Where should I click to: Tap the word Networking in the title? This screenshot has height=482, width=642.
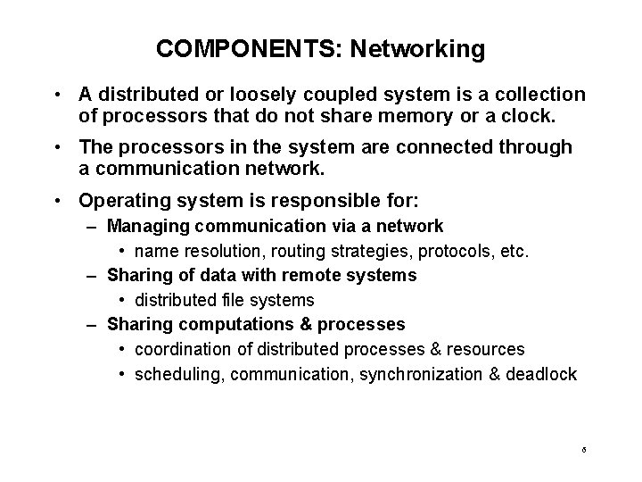click(x=417, y=49)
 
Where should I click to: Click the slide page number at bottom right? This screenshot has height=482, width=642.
click(x=582, y=450)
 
